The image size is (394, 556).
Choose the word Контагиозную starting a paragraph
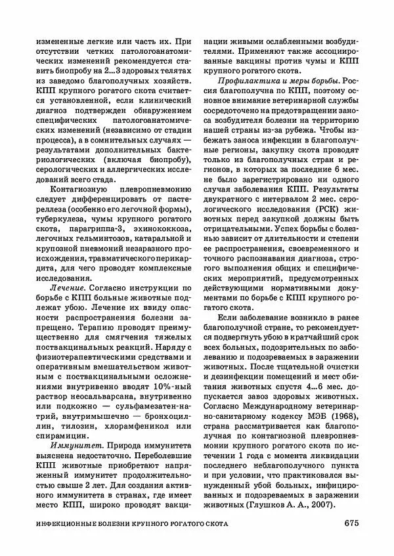point(78,167)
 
